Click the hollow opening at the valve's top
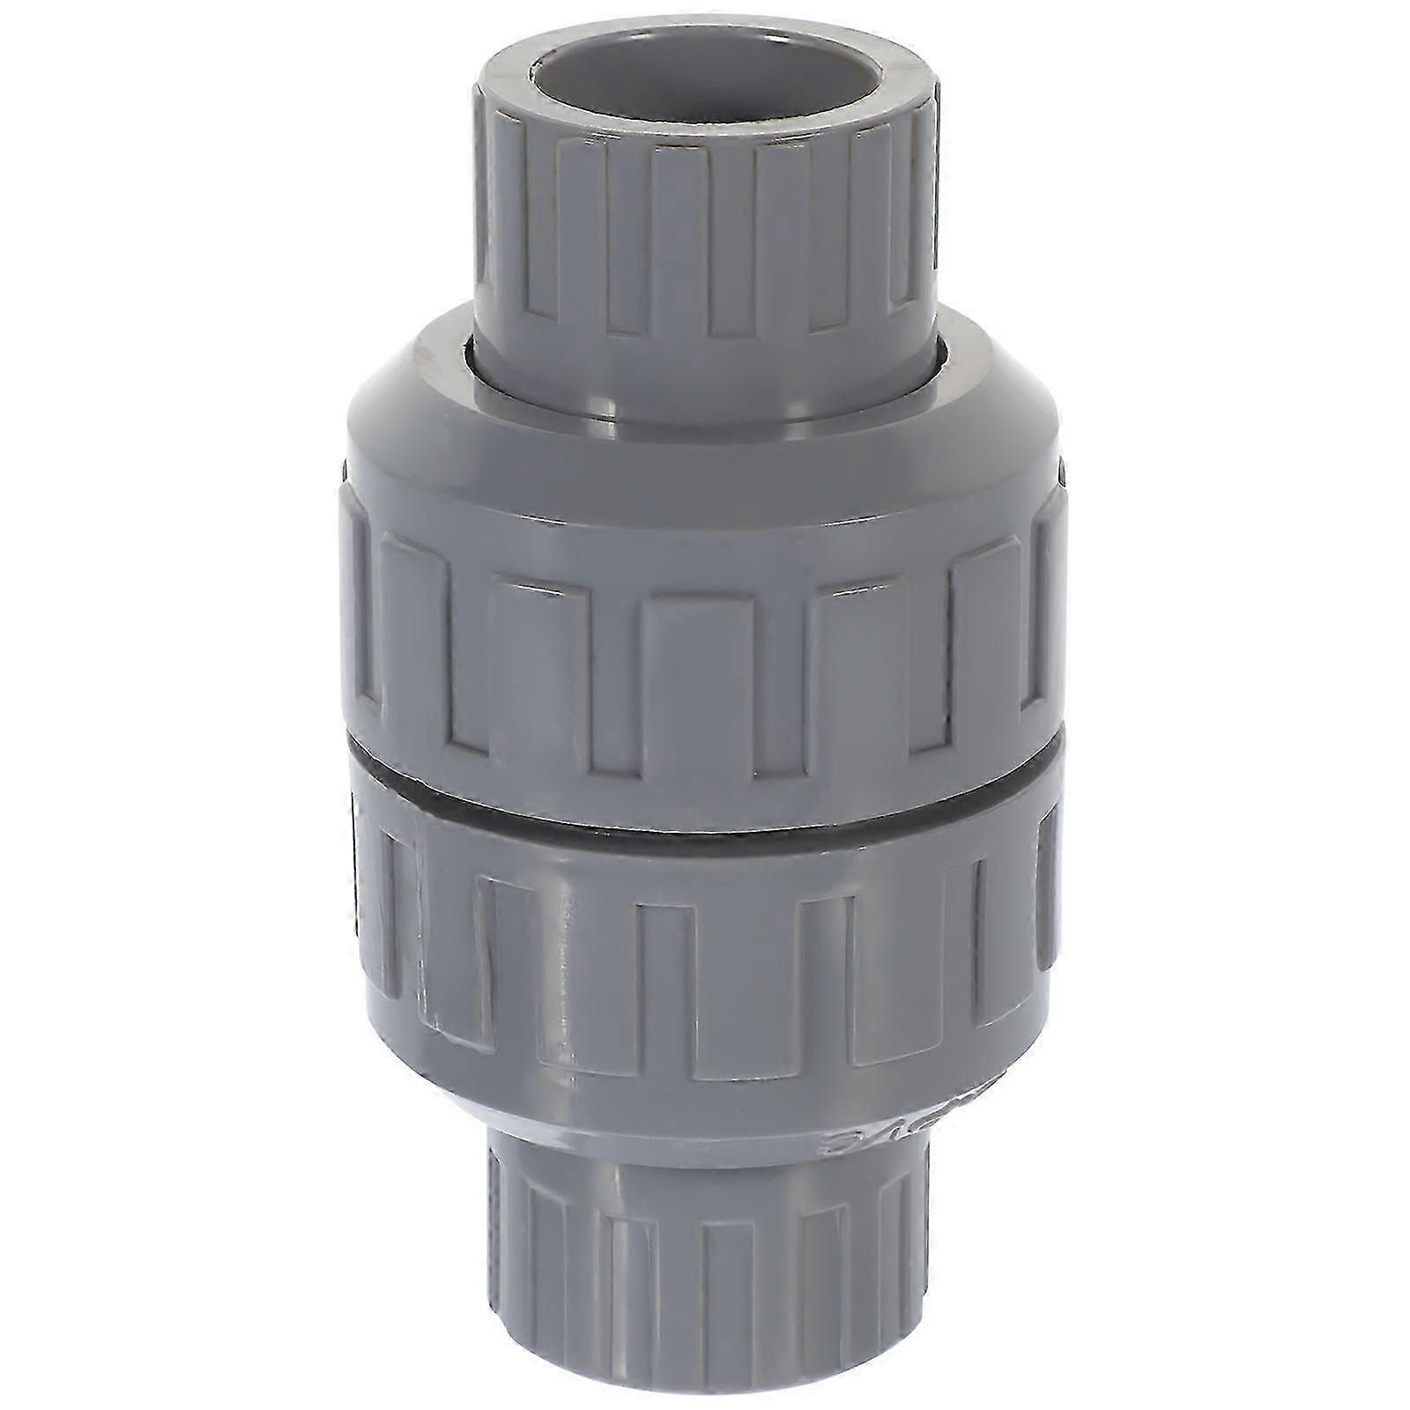[705, 88]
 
